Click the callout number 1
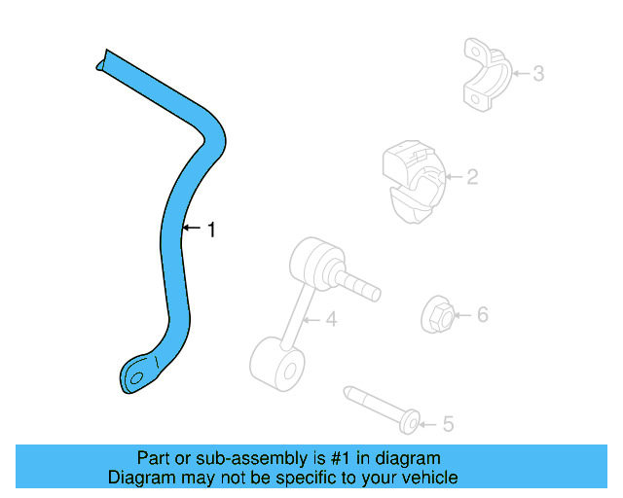[211, 230]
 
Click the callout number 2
[472, 177]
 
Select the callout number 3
[537, 73]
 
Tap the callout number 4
[331, 318]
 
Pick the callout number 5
[448, 424]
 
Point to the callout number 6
[481, 314]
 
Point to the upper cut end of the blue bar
[102, 60]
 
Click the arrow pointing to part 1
[192, 230]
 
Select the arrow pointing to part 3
[518, 73]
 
